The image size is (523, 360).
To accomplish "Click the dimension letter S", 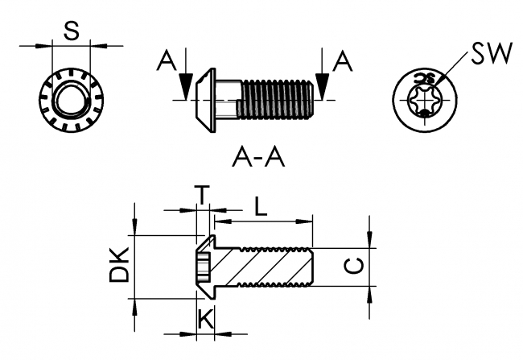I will (71, 31).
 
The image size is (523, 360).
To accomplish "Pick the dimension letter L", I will (261, 205).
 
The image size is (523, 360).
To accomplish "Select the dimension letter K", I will (205, 320).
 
